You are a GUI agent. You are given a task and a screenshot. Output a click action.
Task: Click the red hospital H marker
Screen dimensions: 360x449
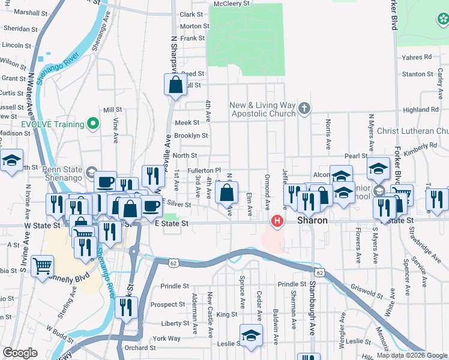277,221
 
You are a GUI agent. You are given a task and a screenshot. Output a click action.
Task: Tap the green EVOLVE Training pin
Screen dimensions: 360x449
92,124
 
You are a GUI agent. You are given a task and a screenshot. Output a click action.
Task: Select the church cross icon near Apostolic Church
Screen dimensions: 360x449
304,109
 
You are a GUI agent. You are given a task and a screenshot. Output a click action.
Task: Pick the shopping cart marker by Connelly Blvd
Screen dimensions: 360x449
42,266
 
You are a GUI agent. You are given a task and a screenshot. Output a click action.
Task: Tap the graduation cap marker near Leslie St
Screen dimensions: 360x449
251,335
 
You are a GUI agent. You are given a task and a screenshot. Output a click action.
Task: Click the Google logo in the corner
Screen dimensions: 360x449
20,353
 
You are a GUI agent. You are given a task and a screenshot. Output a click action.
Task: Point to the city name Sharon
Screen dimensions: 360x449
313,221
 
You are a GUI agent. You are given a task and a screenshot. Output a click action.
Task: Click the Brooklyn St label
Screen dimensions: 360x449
191,136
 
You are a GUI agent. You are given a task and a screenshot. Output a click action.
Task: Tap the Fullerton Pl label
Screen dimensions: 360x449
205,170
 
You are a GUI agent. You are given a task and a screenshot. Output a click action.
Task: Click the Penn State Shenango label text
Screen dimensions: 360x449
59,173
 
